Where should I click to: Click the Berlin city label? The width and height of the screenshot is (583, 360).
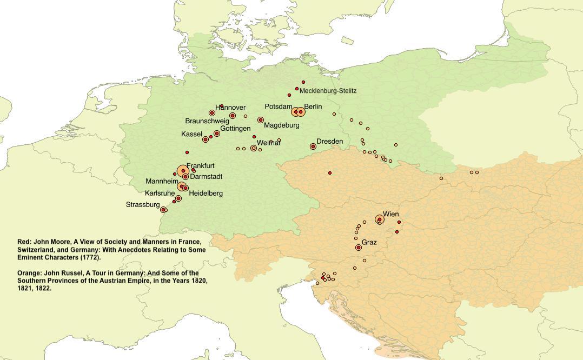point(313,107)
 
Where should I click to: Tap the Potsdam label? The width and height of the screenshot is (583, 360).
point(278,107)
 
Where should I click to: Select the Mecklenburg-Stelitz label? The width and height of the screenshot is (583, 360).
point(328,91)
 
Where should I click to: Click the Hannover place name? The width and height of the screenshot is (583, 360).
point(230,108)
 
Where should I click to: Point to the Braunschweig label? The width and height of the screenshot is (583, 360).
point(207,121)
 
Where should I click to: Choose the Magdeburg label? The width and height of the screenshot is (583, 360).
point(281,125)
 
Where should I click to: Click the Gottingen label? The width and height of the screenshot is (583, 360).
point(235,129)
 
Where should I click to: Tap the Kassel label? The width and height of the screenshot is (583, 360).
point(191,134)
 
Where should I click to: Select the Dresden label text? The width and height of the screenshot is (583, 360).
point(329,142)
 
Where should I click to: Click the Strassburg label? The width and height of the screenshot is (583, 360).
point(143,205)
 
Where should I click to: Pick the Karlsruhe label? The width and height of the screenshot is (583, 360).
point(160,193)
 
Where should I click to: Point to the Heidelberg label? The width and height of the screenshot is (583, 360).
point(206,193)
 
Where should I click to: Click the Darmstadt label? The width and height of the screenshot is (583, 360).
point(206,177)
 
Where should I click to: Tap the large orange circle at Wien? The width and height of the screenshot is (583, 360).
point(380,219)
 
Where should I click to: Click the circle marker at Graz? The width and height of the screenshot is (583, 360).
point(359,248)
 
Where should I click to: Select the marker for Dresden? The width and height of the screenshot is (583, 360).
point(313,146)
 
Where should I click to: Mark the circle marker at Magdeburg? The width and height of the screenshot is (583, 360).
point(261,120)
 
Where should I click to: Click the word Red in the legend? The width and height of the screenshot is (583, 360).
point(24,242)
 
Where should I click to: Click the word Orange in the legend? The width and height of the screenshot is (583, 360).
point(29,273)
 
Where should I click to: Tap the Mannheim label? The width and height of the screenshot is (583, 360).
point(162,182)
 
